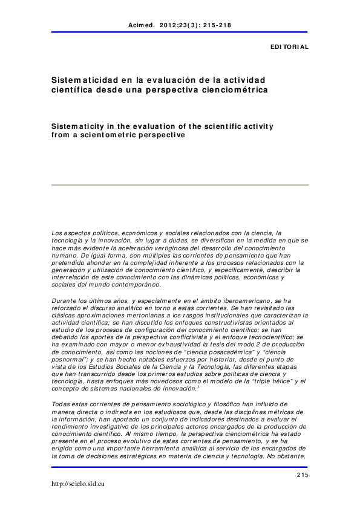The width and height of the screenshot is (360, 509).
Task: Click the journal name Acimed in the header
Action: pyautogui.click(x=141, y=25)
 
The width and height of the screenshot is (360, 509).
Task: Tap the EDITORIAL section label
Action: pyautogui.click(x=289, y=47)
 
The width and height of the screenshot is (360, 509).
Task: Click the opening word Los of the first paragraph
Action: pyautogui.click(x=57, y=233)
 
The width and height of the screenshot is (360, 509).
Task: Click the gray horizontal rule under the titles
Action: pyautogui.click(x=180, y=184)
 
